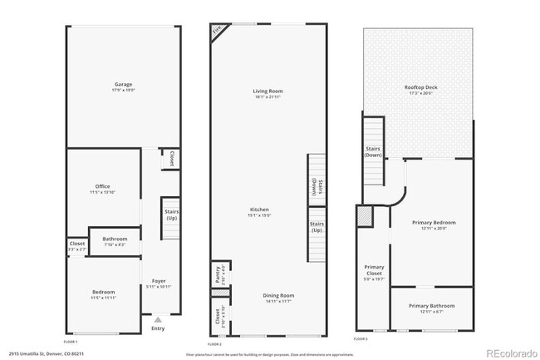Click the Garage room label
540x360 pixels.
pos(124,84)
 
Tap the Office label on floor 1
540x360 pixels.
pos(103,186)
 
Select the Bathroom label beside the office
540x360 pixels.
pos(115,239)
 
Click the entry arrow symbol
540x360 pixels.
pos(158,318)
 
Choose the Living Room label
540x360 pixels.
pos(268,91)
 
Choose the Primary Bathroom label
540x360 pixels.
pos(431,306)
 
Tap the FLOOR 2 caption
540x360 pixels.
pos(214,343)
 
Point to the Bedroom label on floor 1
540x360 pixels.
pos(104,293)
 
